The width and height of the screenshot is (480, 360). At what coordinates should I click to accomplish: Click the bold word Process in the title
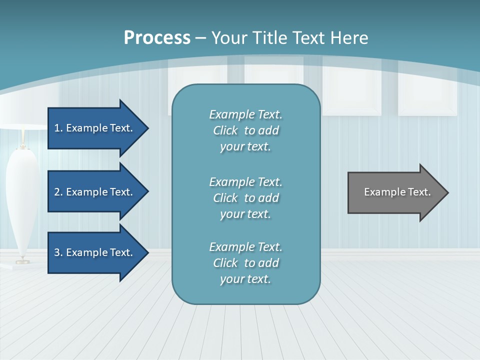pos(157,38)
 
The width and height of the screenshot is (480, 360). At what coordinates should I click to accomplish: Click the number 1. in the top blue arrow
pos(58,128)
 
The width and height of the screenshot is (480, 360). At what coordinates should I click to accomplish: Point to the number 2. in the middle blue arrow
pos(58,192)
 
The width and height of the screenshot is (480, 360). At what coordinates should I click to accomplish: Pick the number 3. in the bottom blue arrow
pos(58,252)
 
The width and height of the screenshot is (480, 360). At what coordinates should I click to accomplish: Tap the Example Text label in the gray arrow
pos(397,192)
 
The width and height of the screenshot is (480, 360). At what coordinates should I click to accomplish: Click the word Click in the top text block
pos(225,130)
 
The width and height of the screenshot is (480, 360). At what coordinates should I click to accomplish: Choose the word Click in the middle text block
pos(225,198)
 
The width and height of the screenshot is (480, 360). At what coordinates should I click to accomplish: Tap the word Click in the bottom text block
pos(225,263)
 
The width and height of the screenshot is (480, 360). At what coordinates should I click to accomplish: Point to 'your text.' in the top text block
pos(245,147)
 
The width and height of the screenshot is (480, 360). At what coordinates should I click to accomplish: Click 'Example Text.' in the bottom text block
pos(245,247)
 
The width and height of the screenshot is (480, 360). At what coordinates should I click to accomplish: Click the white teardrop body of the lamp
pos(22,200)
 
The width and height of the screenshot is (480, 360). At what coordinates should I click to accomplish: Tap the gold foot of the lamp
pos(22,260)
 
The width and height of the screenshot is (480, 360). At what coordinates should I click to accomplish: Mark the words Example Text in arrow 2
pos(99,192)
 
